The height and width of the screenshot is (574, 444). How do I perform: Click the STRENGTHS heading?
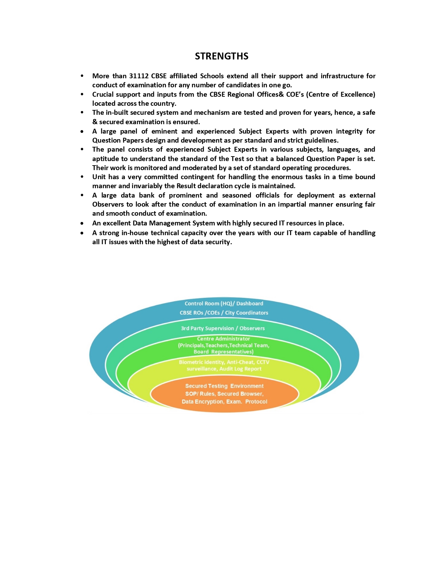221,56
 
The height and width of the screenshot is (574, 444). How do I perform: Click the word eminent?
164,131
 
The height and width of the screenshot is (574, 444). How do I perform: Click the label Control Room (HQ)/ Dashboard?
224,303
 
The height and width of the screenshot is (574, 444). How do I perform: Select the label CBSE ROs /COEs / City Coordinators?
224,313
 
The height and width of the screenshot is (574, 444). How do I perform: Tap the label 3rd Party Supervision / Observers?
223,328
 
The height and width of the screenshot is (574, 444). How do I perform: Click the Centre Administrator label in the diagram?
224,339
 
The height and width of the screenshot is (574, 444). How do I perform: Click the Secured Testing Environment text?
224,386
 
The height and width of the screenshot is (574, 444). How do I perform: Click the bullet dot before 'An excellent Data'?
82,223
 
